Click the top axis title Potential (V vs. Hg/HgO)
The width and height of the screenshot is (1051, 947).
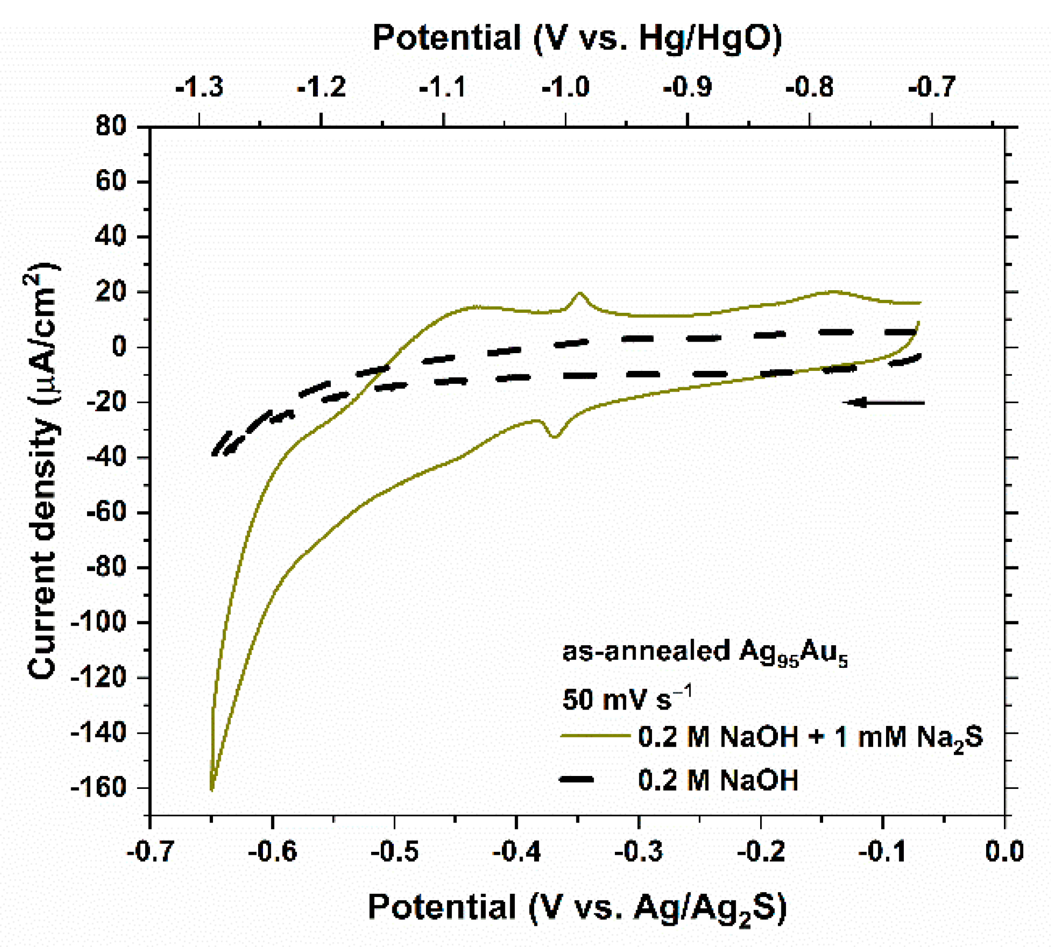(x=577, y=38)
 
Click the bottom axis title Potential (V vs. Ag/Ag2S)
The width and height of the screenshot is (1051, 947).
(x=577, y=907)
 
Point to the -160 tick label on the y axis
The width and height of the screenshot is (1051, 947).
(x=99, y=788)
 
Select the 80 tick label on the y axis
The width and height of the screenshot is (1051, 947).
(x=112, y=127)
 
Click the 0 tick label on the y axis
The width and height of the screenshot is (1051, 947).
(x=119, y=347)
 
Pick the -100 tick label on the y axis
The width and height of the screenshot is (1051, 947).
(x=99, y=622)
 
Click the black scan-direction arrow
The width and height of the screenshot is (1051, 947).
(x=883, y=402)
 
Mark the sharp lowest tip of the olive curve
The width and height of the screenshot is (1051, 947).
(x=212, y=790)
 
